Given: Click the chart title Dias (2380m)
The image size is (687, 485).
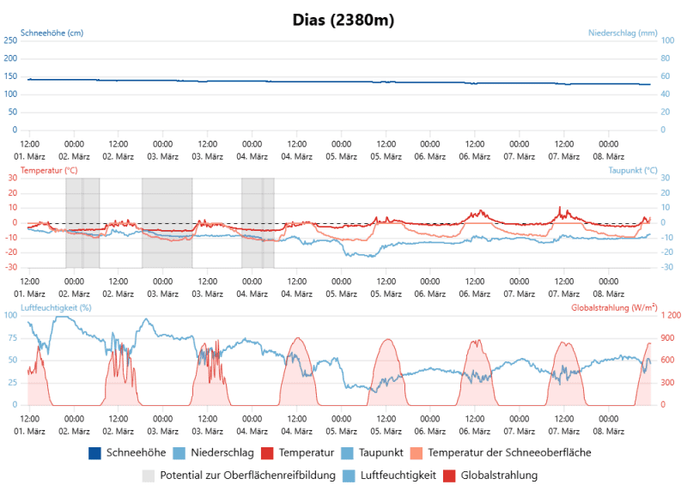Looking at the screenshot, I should pyautogui.click(x=343, y=18).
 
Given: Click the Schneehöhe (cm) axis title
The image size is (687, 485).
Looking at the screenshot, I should pyautogui.click(x=52, y=33).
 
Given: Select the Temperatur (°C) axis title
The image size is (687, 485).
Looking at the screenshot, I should pyautogui.click(x=48, y=170).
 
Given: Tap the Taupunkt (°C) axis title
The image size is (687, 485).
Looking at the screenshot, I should pyautogui.click(x=633, y=170).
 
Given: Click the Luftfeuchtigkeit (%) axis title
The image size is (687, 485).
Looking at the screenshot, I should pyautogui.click(x=56, y=306).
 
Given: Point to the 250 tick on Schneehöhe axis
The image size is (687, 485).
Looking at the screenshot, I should pyautogui.click(x=11, y=40).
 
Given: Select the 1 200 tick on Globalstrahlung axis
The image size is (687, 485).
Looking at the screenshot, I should pyautogui.click(x=670, y=315).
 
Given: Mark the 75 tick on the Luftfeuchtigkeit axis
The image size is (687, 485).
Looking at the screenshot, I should pyautogui.click(x=13, y=337).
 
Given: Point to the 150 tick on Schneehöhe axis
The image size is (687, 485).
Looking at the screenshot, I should pyautogui.click(x=11, y=76).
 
